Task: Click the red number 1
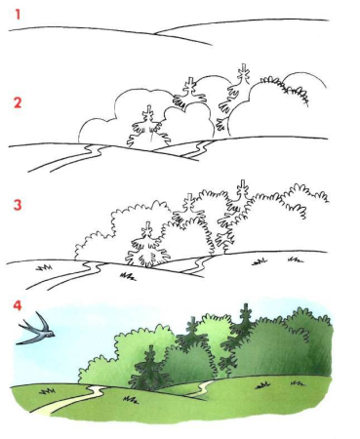coord(18,15)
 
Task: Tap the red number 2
coord(18,102)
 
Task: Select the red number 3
coord(18,205)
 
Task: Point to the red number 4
coord(18,305)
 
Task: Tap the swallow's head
coord(51,334)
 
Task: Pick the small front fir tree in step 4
coord(150,368)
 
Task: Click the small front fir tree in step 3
coord(148,245)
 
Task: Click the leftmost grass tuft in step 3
coord(45,267)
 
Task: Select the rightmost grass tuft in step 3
coord(296,259)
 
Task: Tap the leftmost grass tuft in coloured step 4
coord(47,390)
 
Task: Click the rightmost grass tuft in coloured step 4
coord(298,383)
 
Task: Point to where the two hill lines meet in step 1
coord(154,33)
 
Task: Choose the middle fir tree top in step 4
coord(192,325)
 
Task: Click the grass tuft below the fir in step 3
coord(128,277)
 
